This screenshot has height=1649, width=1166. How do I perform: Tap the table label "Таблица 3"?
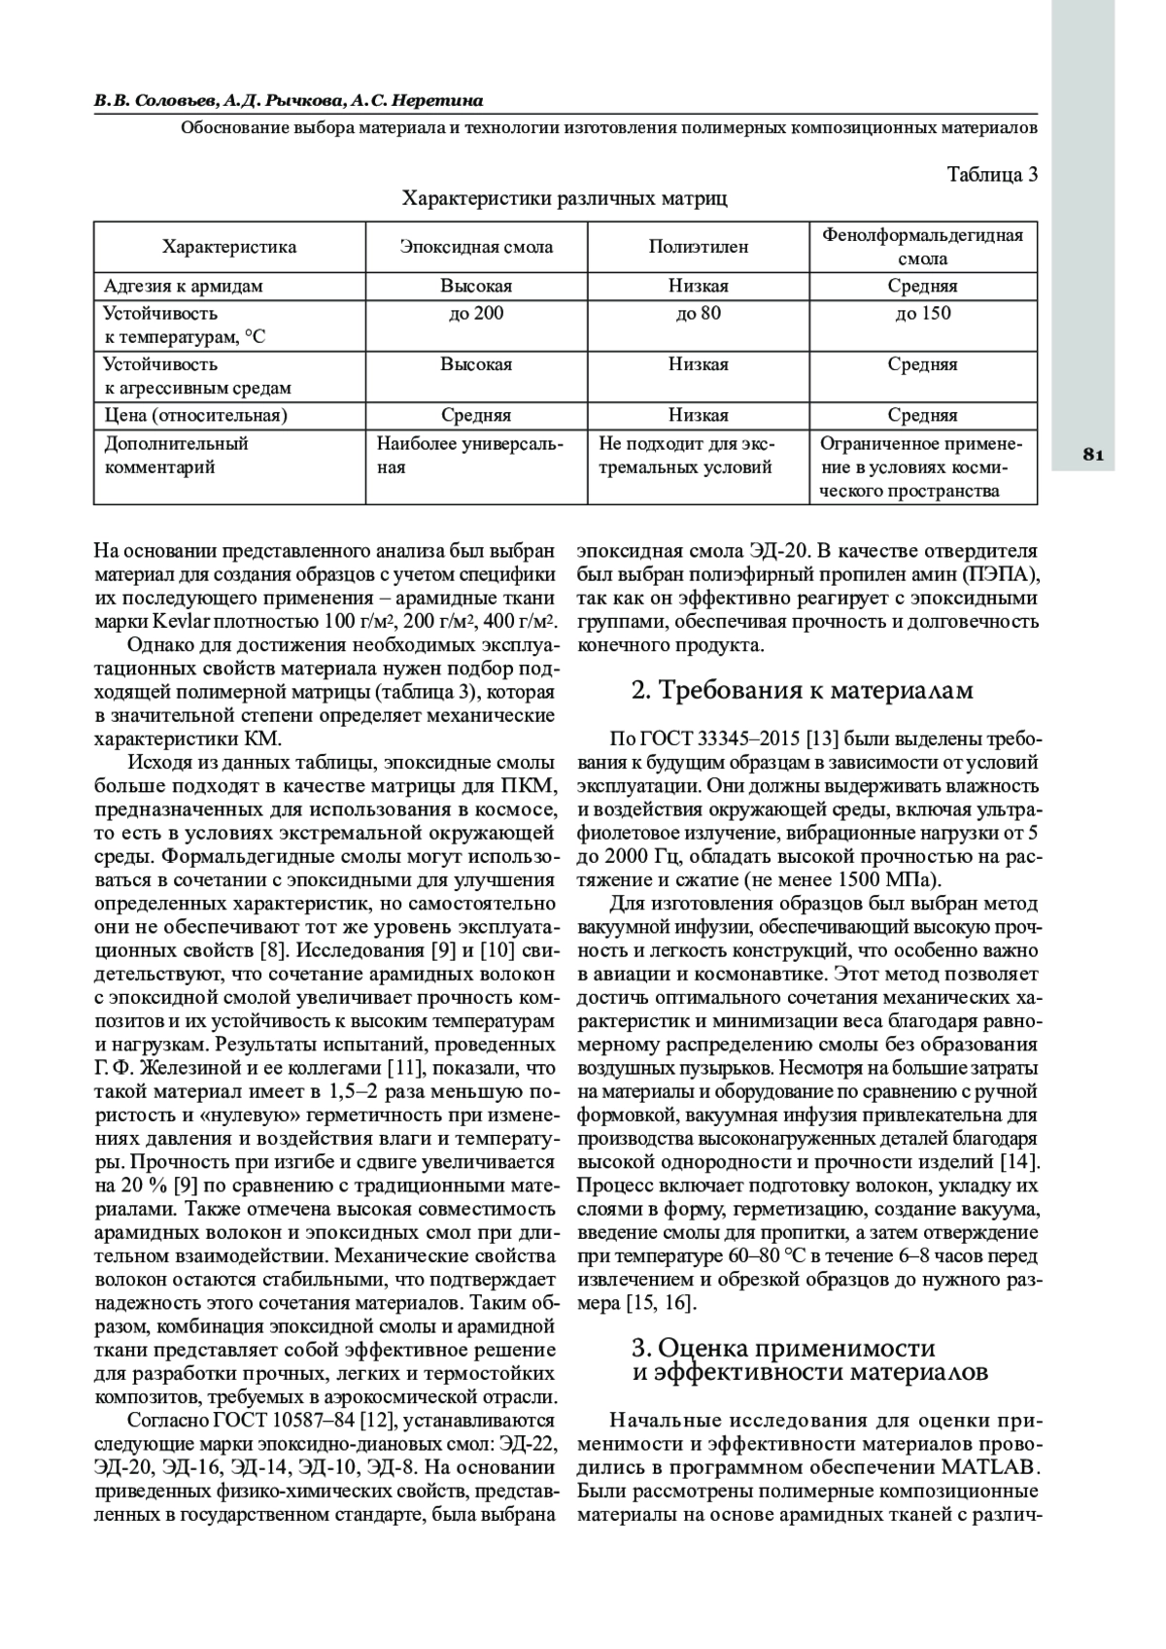click(992, 175)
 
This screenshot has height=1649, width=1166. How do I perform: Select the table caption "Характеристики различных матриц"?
click(565, 199)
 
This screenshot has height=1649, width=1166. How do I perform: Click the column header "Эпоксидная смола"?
click(476, 247)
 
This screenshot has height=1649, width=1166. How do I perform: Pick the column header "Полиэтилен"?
click(699, 247)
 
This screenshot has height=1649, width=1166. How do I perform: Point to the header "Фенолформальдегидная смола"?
click(923, 247)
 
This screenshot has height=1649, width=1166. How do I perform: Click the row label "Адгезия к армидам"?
click(184, 287)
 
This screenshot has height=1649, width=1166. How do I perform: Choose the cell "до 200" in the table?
click(476, 314)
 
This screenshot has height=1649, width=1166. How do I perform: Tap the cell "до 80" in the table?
click(699, 314)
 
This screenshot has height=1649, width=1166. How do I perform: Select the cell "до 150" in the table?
click(923, 314)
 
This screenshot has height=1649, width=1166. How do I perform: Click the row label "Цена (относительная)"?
click(196, 416)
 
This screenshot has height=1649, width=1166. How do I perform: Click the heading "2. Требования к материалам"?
click(802, 691)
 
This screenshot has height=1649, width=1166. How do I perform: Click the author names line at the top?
click(289, 101)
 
